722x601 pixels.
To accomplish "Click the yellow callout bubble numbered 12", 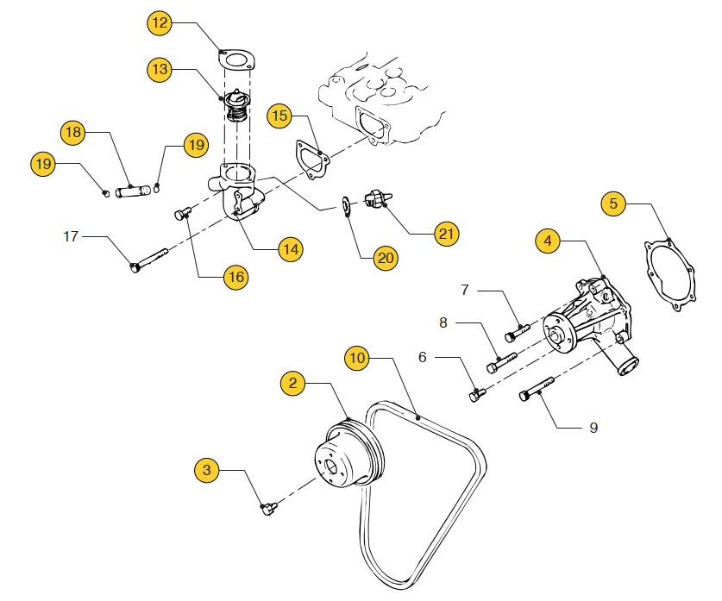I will pyautogui.click(x=160, y=23).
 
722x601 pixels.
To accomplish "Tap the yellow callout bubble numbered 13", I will pyautogui.click(x=160, y=69).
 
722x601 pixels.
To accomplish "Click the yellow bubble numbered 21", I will pyautogui.click(x=445, y=233).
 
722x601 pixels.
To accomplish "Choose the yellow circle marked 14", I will pyautogui.click(x=291, y=249).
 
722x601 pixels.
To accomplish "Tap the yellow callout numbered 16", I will pyautogui.click(x=235, y=276).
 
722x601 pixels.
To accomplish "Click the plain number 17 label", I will pyautogui.click(x=72, y=235).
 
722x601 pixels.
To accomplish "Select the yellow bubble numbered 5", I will pyautogui.click(x=613, y=204).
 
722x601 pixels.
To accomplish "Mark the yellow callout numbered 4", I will pyautogui.click(x=548, y=241).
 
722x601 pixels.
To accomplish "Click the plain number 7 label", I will pyautogui.click(x=464, y=291).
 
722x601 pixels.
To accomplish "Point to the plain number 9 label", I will pyautogui.click(x=593, y=427).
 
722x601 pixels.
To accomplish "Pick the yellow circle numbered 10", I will pyautogui.click(x=358, y=356).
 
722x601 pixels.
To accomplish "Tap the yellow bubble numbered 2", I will pyautogui.click(x=293, y=384).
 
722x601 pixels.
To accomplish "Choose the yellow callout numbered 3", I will pyautogui.click(x=206, y=470).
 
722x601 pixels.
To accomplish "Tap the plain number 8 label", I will pyautogui.click(x=443, y=322).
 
